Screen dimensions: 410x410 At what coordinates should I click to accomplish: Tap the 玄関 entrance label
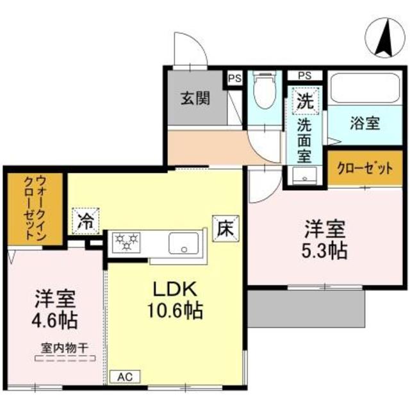pos(194,99)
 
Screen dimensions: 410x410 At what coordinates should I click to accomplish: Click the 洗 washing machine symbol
pos(305,101)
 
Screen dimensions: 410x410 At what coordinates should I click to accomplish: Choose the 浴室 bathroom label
pos(365,123)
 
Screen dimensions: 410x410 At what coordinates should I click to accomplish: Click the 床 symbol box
pos(226,225)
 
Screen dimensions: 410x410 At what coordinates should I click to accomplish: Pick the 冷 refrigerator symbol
pos(85,222)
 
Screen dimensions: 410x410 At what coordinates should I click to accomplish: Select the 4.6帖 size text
pos(55,318)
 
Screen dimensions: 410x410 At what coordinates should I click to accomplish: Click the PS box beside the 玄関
pos(234,79)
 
